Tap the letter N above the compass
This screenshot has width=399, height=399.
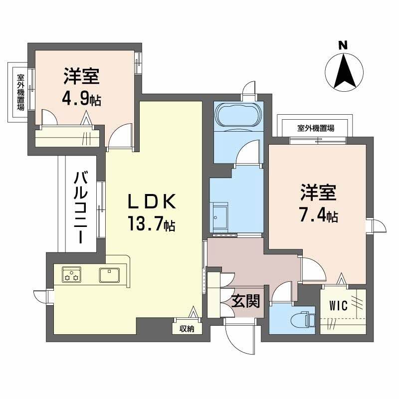pyautogui.click(x=343, y=45)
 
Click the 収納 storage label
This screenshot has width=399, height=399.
pyautogui.click(x=188, y=329)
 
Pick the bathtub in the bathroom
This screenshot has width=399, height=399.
pyautogui.click(x=237, y=116)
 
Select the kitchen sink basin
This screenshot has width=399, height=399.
pyautogui.click(x=109, y=274)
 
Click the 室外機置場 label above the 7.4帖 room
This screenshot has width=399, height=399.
pyautogui.click(x=316, y=128)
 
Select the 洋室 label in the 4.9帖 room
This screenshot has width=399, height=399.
pyautogui.click(x=81, y=78)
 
